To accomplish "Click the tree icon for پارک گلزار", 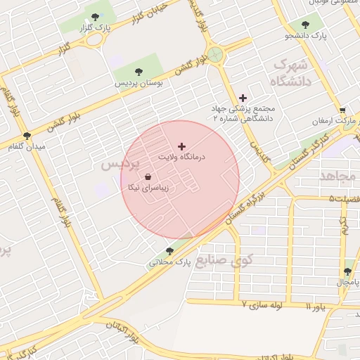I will tap(94, 16).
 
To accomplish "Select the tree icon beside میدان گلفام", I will tap(27, 136).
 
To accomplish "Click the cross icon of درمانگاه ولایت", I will tap(182, 146).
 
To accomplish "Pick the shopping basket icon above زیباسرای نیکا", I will tap(148, 177).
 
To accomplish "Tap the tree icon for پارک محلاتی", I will tap(169, 251).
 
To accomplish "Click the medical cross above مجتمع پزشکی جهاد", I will tap(243, 98).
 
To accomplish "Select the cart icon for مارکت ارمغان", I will tap(342, 110).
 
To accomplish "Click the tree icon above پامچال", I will tap(347, 271).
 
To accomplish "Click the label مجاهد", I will tap(338, 176).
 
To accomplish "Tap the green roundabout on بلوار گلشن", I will tap(215, 54).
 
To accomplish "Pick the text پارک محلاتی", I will tap(169, 262).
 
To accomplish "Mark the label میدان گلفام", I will tap(27, 146).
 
